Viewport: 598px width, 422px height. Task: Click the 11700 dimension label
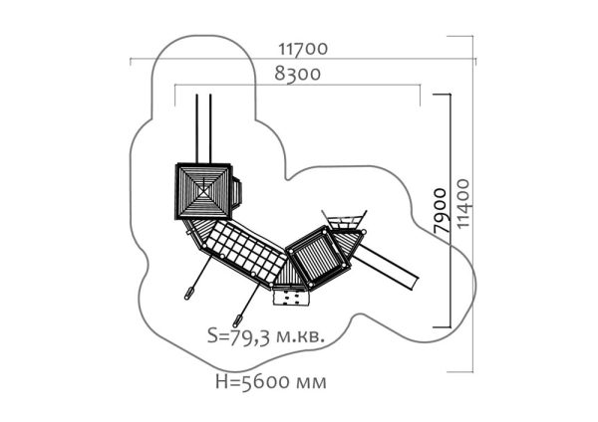click(303, 49)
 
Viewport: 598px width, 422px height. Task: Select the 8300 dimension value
click(297, 74)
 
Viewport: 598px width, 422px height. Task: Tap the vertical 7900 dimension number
click(441, 211)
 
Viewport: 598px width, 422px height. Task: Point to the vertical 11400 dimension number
click(463, 204)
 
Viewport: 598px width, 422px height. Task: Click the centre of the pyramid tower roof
click(203, 191)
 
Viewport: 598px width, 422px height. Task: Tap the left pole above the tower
click(196, 128)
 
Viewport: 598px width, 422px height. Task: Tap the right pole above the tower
click(210, 128)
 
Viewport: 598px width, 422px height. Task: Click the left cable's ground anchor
click(189, 294)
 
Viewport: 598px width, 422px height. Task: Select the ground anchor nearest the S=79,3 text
click(237, 320)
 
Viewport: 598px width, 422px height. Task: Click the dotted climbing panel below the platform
click(290, 298)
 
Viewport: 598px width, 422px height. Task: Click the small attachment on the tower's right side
click(236, 192)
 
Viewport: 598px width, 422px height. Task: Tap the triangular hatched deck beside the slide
click(346, 244)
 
